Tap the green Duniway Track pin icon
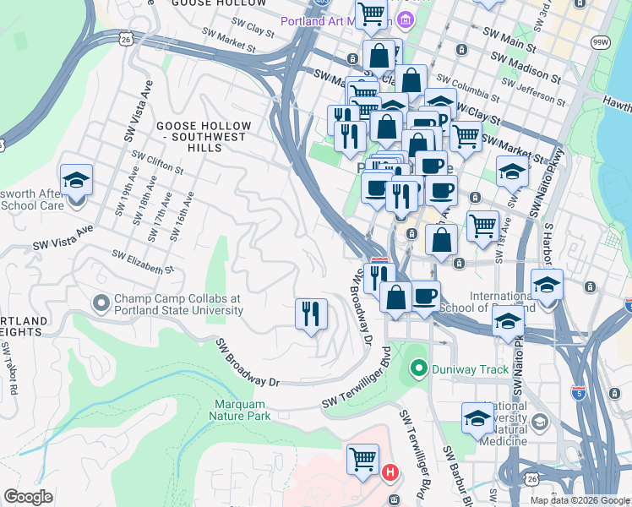pyautogui.click(x=417, y=368)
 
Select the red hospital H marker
pyautogui.click(x=390, y=473)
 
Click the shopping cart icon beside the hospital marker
pyautogui.click(x=363, y=460)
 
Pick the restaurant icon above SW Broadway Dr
pyautogui.click(x=311, y=314)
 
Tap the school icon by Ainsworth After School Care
pyautogui.click(x=76, y=179)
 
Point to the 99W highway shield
pyautogui.click(x=601, y=41)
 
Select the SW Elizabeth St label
pyautogui.click(x=143, y=261)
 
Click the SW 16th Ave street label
pyautogui.click(x=182, y=216)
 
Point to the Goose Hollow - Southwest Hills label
pyautogui.click(x=201, y=136)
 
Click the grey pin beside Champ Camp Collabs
pyautogui.click(x=101, y=303)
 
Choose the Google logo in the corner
pyautogui.click(x=28, y=497)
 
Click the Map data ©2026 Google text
pyautogui.click(x=579, y=500)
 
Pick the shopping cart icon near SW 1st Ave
pyautogui.click(x=482, y=225)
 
